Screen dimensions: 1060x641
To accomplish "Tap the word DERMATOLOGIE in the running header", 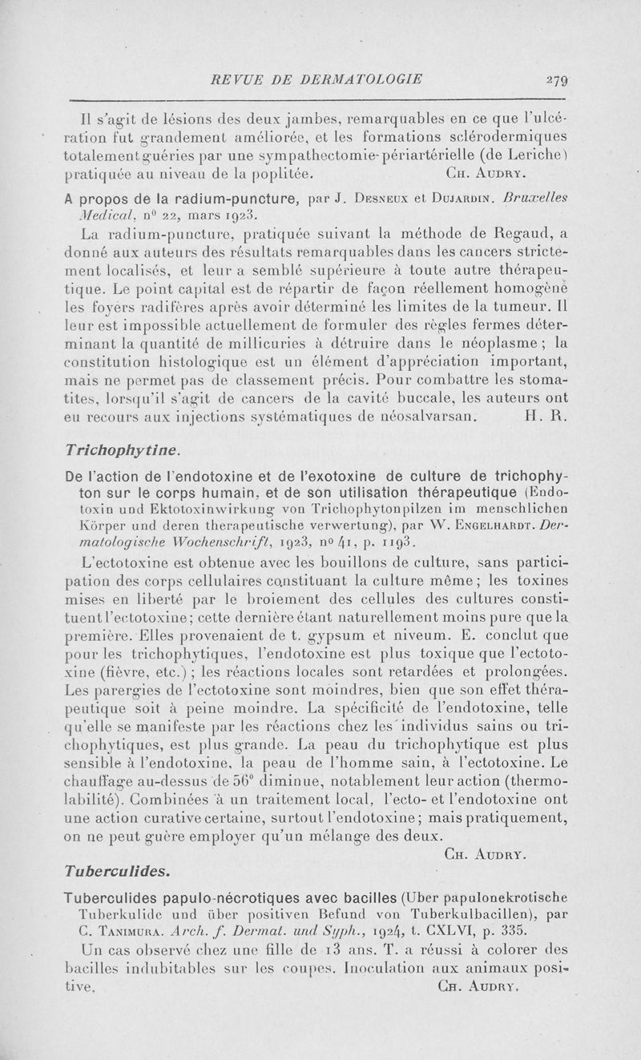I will click(x=371, y=79).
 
